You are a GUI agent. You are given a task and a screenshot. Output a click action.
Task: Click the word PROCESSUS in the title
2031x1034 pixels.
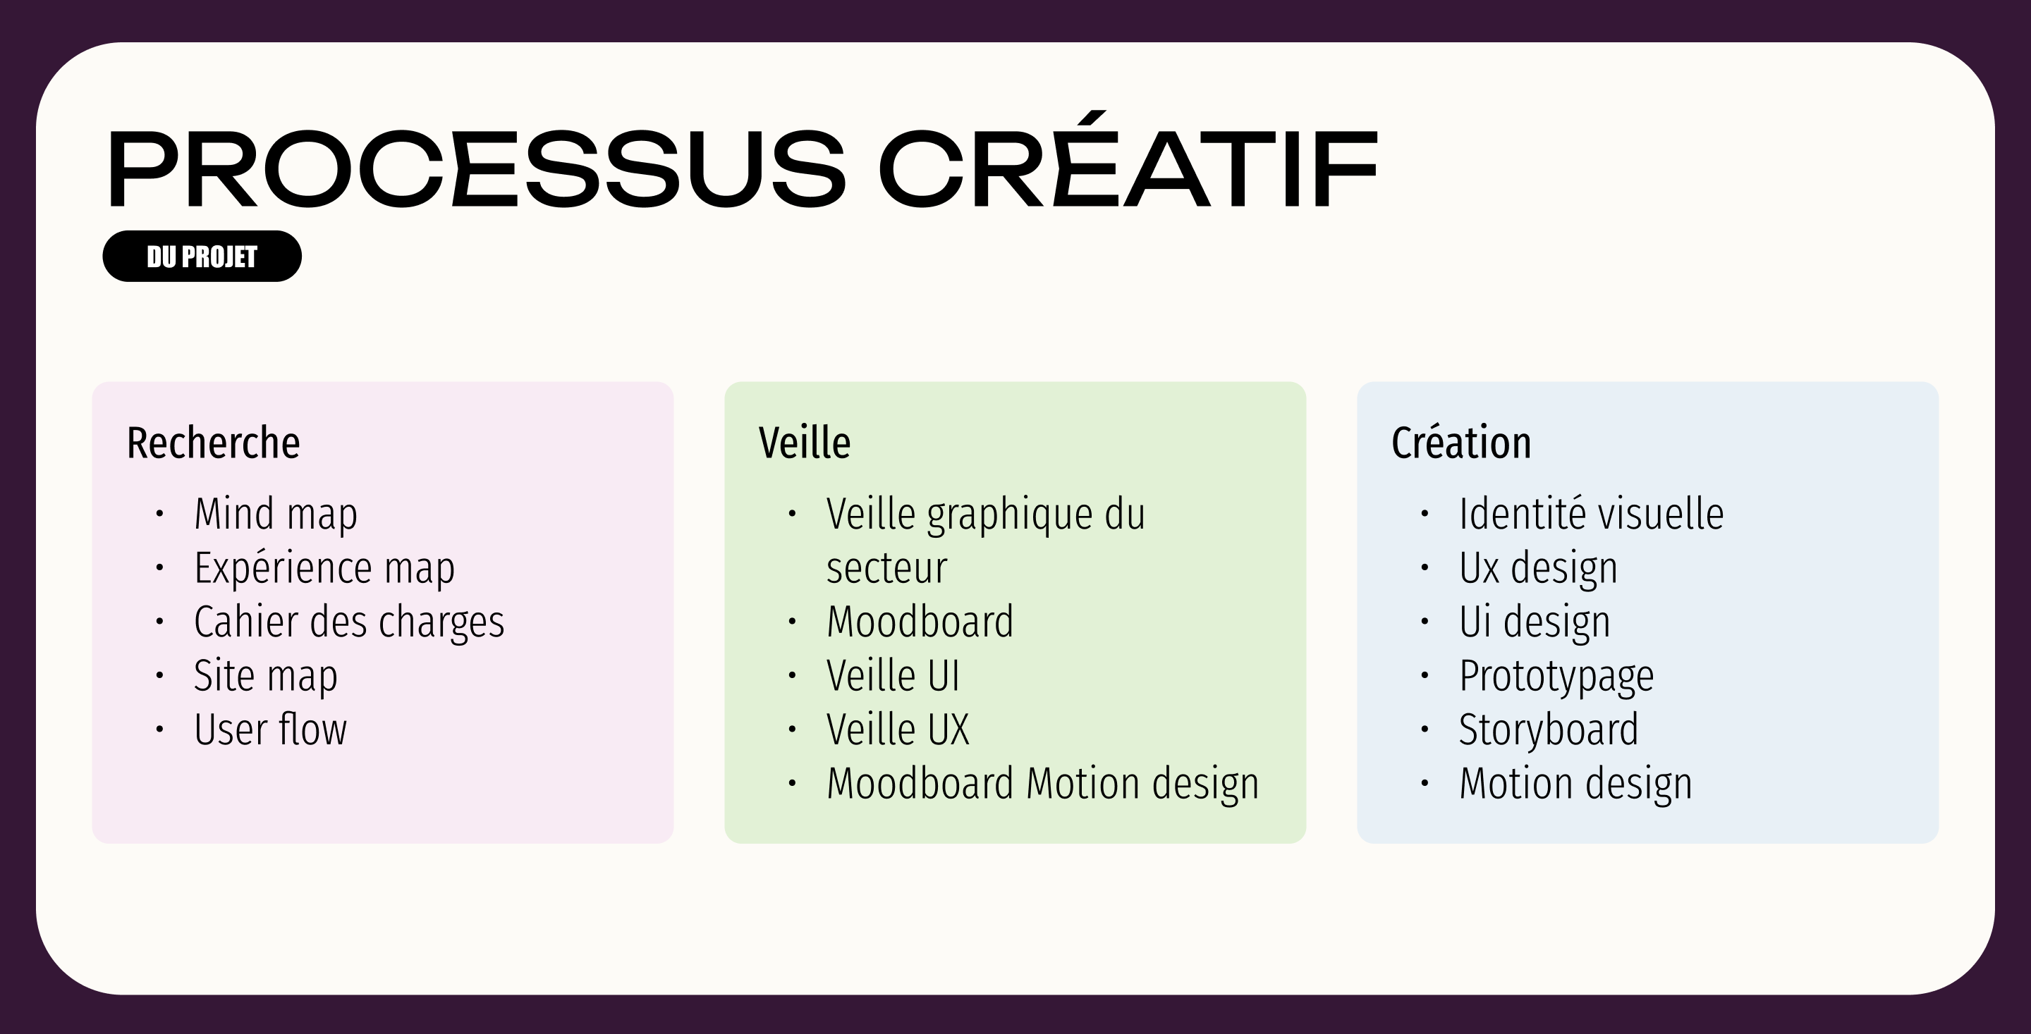[476, 168]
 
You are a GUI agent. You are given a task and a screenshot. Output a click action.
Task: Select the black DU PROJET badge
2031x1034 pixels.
[202, 256]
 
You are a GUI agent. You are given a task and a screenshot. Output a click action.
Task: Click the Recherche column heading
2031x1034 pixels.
[213, 442]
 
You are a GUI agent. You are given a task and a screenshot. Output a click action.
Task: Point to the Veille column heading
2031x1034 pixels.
[804, 442]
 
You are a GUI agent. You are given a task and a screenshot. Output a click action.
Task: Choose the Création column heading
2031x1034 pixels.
[1461, 442]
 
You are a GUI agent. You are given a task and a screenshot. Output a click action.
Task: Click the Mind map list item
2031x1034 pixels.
[275, 514]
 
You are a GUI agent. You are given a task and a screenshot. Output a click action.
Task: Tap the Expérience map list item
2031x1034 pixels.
[324, 567]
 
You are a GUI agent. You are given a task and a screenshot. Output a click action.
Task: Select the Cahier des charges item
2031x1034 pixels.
[348, 622]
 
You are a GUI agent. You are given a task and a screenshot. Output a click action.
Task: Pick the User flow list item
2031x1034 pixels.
[269, 729]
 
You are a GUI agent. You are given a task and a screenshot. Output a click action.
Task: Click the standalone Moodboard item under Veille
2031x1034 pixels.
[920, 622]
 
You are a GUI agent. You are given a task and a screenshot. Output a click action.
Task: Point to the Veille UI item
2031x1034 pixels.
[893, 675]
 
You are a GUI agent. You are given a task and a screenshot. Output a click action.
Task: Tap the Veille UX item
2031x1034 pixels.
[897, 729]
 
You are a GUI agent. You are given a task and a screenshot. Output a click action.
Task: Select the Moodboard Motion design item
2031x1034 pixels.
[1042, 783]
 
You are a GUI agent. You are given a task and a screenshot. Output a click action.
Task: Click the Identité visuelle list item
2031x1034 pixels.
[1591, 514]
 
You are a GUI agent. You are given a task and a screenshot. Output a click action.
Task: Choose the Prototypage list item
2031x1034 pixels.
[1556, 675]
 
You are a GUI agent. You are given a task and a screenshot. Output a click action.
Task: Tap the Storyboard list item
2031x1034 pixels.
[1549, 729]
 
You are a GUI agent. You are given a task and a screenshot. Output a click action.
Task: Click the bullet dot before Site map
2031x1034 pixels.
[159, 675]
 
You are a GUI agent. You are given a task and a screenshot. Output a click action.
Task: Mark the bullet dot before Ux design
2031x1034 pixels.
[1424, 567]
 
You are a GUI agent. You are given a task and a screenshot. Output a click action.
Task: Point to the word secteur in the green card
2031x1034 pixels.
[886, 567]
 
